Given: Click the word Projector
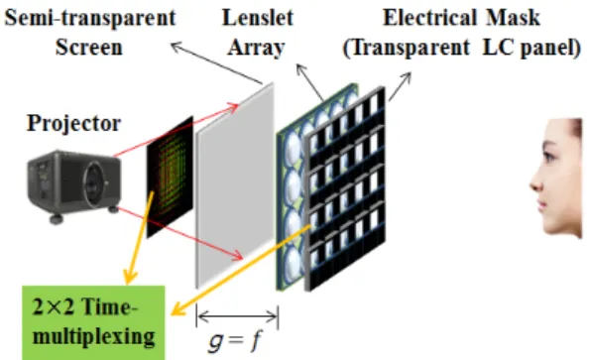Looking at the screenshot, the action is (73, 123).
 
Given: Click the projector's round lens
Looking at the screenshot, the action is (93, 184).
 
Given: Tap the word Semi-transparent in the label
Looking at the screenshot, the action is (90, 18).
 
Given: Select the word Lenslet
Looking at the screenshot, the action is (258, 18).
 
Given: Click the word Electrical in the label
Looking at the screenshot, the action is (429, 18).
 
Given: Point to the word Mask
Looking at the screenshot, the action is (513, 18).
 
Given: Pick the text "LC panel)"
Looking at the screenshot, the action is (531, 48).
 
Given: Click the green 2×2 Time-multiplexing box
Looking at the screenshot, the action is (93, 322).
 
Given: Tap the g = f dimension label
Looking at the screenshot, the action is (234, 341).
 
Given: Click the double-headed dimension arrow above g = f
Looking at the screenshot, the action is (237, 316).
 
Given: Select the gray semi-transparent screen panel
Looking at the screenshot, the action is (235, 185).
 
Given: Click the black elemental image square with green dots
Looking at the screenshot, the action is (170, 177).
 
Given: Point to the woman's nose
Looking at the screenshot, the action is (534, 183).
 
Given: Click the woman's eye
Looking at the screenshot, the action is (549, 156).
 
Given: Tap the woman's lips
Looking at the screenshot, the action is (540, 205).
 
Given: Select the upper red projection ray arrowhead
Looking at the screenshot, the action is (234, 108).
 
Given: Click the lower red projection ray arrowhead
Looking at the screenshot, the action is (237, 255).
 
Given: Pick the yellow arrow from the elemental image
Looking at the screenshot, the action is (140, 238).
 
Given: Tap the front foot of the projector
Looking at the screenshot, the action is (57, 219).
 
